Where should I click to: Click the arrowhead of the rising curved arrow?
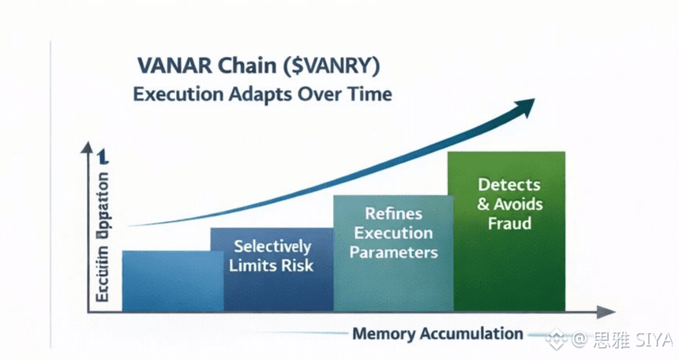coord(525,105)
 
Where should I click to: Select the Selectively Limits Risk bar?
coord(272,268)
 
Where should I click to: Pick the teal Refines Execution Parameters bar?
coord(393,253)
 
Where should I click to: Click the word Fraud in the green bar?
coord(509,223)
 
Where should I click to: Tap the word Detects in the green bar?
coord(509,185)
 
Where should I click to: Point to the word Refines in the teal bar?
coord(393,213)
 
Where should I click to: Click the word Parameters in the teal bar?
coord(393,253)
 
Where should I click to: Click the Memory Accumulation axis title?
coord(437,333)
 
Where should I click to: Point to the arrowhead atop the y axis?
coord(86,148)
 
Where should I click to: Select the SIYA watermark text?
coord(655,339)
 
